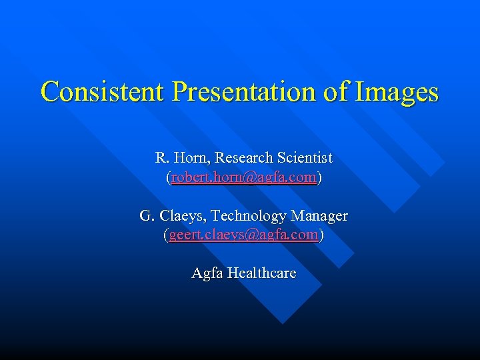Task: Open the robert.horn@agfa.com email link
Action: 243,178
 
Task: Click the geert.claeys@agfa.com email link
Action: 243,235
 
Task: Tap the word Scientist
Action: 304,158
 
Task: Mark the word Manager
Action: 320,216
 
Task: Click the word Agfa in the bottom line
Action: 207,273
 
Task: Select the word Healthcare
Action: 261,273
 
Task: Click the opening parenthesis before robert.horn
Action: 168,178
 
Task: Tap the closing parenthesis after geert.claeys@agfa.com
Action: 321,235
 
